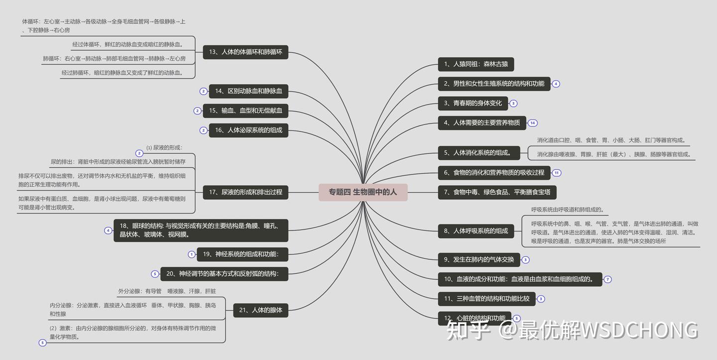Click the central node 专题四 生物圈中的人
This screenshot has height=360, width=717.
point(363,192)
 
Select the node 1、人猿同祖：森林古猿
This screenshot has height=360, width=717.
point(476,64)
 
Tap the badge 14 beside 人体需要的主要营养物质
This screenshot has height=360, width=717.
point(533,123)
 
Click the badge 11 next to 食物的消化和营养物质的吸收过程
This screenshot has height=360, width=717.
point(557,173)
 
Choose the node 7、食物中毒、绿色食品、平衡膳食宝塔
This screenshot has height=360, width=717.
point(497,192)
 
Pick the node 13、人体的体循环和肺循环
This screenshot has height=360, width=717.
point(245,52)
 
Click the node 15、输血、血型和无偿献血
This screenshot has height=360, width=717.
point(245,111)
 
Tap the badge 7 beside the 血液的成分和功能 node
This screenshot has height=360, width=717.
point(607,279)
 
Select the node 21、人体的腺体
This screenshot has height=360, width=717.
point(260,310)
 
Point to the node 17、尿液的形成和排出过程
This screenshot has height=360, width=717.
point(245,192)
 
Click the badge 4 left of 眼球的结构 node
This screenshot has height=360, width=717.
point(108,231)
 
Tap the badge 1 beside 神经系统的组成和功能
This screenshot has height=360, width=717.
point(192,254)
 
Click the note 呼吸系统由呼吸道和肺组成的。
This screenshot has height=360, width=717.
point(567,210)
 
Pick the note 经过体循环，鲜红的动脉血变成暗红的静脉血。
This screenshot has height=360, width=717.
point(128,44)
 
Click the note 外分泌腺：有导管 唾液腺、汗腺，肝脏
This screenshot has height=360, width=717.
point(167,291)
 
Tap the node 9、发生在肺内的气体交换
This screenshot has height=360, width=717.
point(478,259)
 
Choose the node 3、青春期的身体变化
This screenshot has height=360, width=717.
point(473,104)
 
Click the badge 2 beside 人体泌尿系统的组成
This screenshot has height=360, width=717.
point(203,130)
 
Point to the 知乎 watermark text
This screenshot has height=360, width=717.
point(467,330)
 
